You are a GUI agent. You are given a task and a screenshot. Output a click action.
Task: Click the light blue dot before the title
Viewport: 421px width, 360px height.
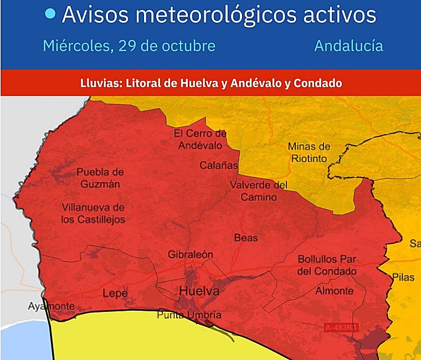tap(50, 14)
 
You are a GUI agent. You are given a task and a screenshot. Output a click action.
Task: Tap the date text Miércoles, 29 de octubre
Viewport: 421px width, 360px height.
tap(129, 45)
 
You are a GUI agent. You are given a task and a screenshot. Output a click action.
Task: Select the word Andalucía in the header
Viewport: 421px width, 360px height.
tap(348, 45)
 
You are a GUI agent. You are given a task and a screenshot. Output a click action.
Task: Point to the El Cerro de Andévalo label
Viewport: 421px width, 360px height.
tap(200, 139)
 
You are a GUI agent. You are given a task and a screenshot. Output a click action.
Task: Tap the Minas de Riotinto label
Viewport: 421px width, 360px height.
tap(309, 152)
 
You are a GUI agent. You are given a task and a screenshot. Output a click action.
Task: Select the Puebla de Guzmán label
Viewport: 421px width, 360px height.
tap(100, 178)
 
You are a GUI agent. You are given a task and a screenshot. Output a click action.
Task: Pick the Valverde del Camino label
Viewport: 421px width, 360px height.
tap(259, 190)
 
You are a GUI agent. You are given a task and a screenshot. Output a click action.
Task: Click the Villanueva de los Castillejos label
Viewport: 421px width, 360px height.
tap(93, 213)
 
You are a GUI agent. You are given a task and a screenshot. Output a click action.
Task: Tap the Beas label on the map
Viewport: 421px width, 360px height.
tap(246, 238)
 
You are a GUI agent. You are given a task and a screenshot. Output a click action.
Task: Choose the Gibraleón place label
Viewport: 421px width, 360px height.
tap(190, 255)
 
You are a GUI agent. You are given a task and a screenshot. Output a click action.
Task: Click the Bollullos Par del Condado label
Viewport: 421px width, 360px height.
tap(327, 265)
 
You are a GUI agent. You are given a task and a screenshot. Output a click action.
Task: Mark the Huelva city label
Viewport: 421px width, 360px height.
tap(199, 291)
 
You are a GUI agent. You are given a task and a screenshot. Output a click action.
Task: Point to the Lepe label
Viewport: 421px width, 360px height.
tap(115, 294)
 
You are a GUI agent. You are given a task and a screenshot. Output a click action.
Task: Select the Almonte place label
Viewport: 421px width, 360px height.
tap(334, 291)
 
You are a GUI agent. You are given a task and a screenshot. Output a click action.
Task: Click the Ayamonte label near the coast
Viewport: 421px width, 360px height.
tap(51, 306)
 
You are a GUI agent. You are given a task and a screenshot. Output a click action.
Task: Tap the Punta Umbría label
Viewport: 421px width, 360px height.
tap(189, 315)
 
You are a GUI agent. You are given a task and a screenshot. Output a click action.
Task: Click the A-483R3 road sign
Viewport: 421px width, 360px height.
tap(341, 328)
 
